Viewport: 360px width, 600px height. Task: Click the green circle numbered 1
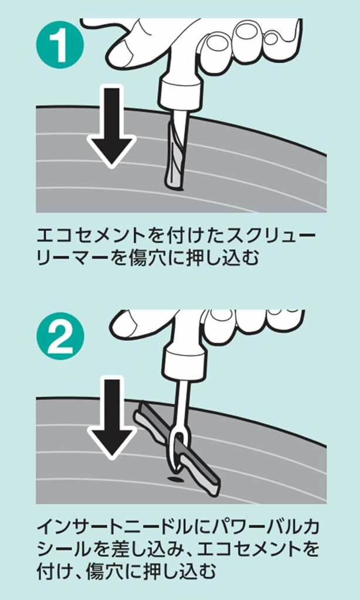click(x=60, y=45)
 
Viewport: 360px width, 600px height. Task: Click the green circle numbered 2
click(x=60, y=336)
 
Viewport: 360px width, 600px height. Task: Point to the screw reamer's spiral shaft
click(x=176, y=153)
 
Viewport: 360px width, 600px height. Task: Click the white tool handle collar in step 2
click(x=183, y=363)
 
